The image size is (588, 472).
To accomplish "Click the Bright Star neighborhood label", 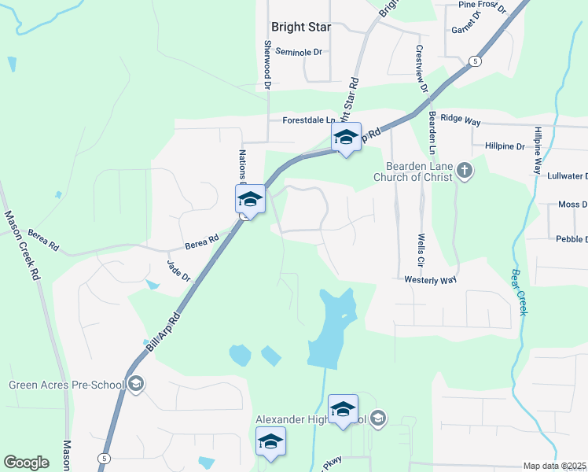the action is (300, 27).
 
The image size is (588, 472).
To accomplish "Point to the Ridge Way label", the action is (460, 118).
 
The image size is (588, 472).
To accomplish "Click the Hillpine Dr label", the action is (504, 146).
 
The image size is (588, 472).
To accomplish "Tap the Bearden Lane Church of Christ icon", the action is (465, 171).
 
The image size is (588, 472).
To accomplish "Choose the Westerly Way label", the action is (430, 279).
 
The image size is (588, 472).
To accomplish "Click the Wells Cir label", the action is (421, 243).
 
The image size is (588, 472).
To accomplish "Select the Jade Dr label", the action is (179, 271).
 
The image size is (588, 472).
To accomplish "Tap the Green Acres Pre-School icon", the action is (136, 384).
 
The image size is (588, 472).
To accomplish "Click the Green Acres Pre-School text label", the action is (66, 385).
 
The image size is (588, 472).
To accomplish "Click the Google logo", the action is (26, 463).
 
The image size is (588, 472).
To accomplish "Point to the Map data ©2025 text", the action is (555, 466).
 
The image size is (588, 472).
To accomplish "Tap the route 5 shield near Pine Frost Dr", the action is (474, 61).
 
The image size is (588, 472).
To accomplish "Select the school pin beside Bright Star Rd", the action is (345, 138).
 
